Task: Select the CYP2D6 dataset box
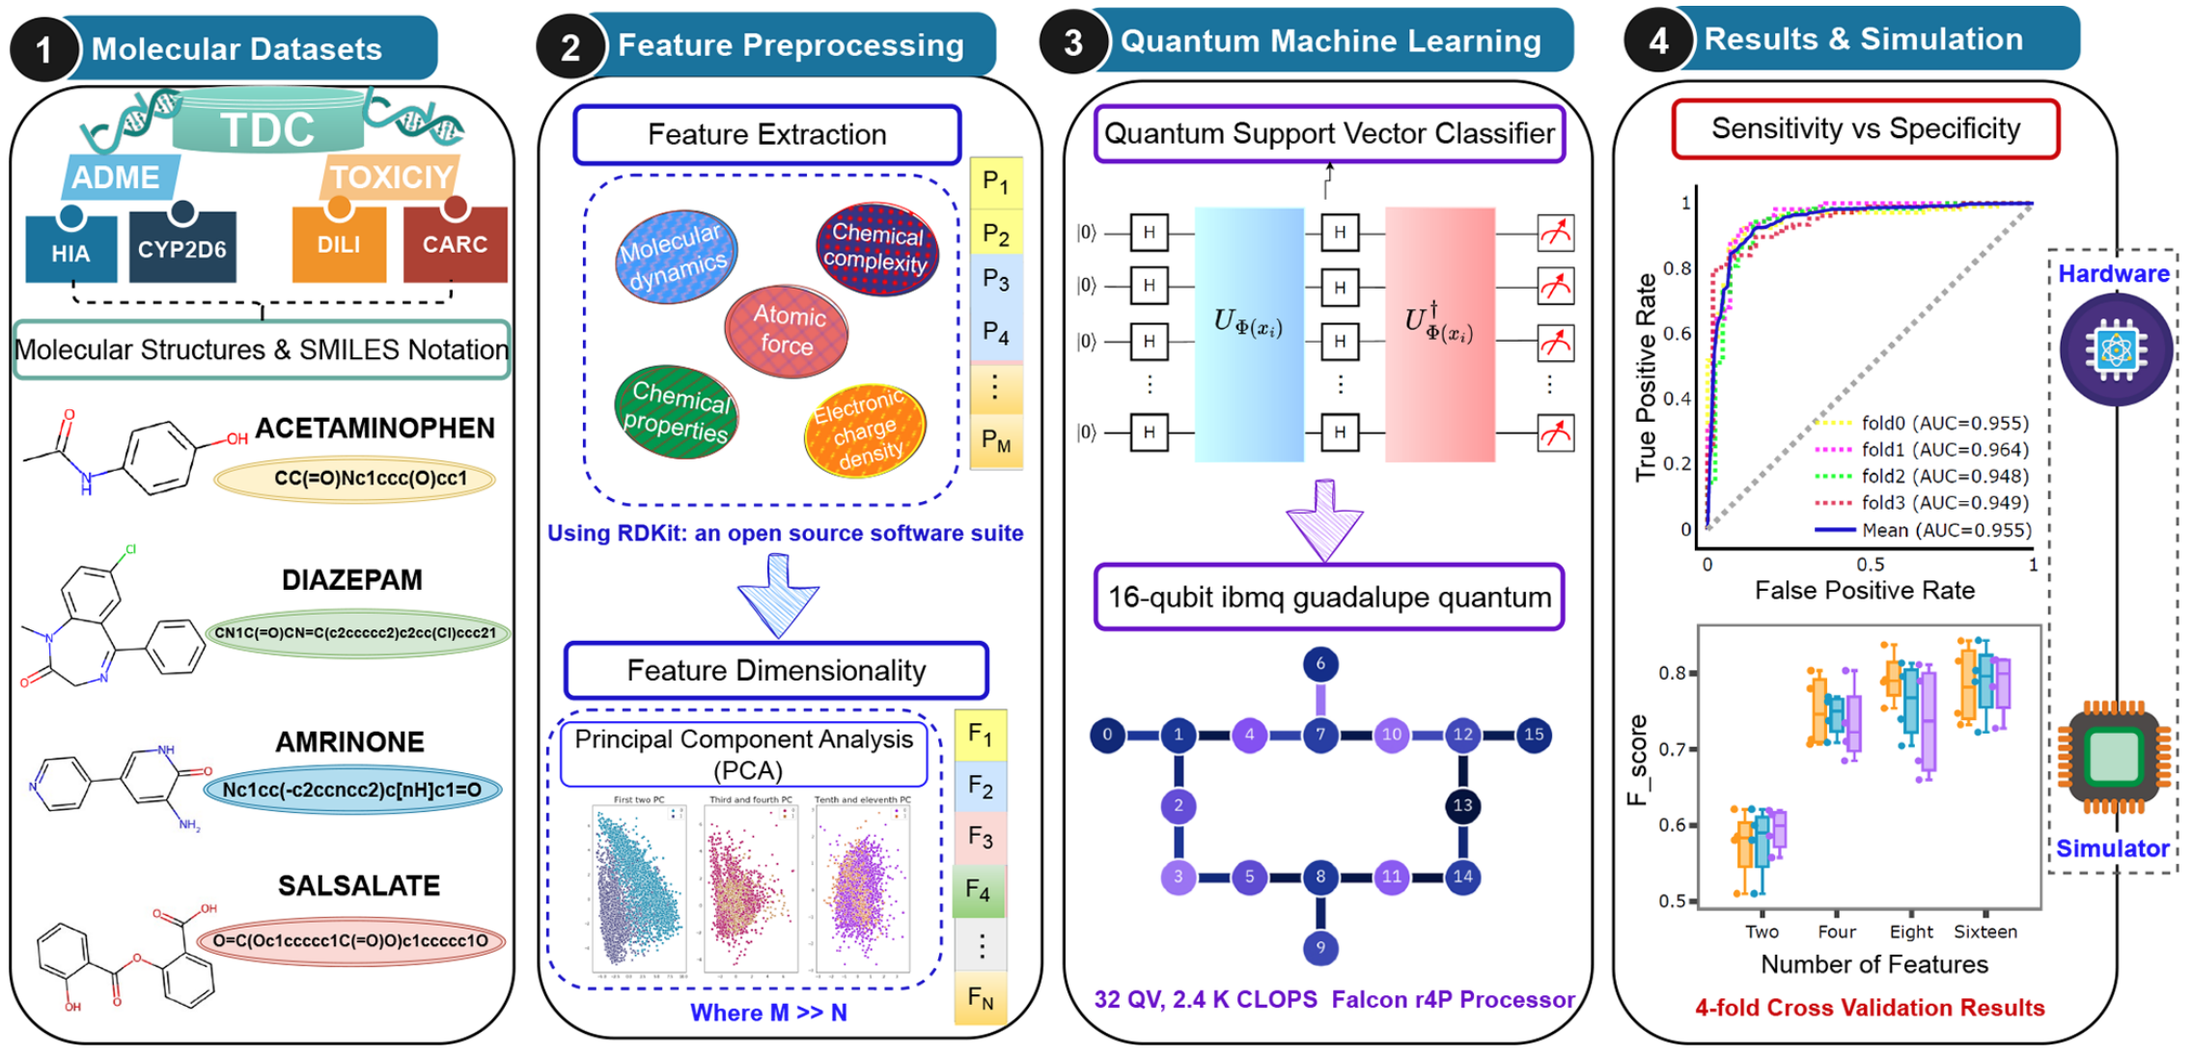click(x=181, y=249)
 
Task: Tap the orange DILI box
click(x=339, y=245)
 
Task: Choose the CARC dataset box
click(x=455, y=245)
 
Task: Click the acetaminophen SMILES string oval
click(x=355, y=479)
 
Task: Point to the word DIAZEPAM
click(x=351, y=580)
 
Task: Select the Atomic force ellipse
click(x=787, y=330)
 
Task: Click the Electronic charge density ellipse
click(x=865, y=431)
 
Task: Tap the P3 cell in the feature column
click(x=995, y=281)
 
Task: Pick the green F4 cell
click(x=979, y=890)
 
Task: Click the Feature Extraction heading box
click(x=766, y=134)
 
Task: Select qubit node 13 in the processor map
click(x=1461, y=805)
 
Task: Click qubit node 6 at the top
click(x=1319, y=663)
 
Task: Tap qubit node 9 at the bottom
click(x=1319, y=947)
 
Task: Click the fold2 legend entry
click(x=1921, y=476)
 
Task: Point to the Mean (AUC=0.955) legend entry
click(x=1921, y=530)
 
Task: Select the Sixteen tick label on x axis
click(x=1984, y=931)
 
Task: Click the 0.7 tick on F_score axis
click(x=1672, y=749)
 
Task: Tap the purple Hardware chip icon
click(x=2115, y=349)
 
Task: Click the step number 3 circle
click(x=1073, y=42)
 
